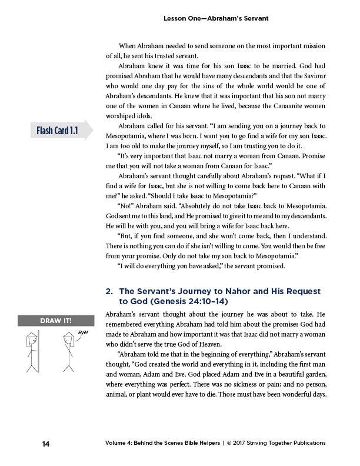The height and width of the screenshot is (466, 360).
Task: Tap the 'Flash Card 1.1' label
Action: pos(55,129)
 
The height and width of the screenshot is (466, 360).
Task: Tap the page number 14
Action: pos(45,443)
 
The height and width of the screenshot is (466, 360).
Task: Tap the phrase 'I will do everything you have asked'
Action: pos(173,267)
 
